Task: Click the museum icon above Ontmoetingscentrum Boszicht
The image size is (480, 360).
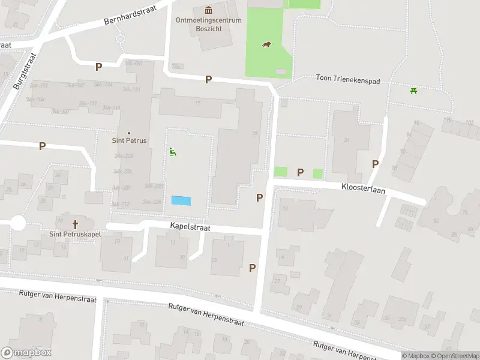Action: (208, 10)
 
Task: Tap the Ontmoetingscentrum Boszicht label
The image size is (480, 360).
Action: (208, 24)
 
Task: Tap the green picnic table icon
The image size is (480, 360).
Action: (413, 91)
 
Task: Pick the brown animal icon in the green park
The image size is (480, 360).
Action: (266, 44)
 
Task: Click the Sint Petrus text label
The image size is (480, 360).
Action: (129, 141)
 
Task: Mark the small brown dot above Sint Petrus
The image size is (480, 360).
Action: (129, 133)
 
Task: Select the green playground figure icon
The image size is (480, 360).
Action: (173, 152)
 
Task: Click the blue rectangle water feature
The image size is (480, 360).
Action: (181, 200)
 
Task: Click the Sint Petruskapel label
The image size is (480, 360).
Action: (75, 234)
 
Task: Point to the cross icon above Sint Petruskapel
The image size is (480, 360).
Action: (75, 224)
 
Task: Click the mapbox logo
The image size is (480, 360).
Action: (26, 353)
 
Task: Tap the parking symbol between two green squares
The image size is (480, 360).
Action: (300, 173)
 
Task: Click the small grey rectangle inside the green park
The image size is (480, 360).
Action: (281, 71)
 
